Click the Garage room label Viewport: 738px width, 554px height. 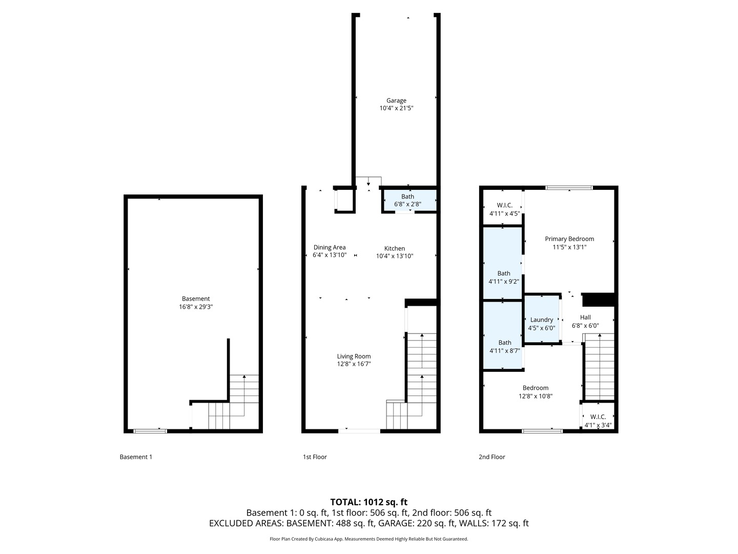(x=396, y=101)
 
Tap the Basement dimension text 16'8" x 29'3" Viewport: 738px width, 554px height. (x=196, y=307)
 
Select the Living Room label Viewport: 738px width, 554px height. (x=354, y=356)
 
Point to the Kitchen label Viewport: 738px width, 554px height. (x=395, y=248)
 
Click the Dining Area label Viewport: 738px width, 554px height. (x=330, y=247)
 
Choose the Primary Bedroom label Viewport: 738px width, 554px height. (x=569, y=239)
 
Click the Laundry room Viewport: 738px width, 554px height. (x=542, y=319)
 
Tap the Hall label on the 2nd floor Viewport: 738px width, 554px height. (x=585, y=317)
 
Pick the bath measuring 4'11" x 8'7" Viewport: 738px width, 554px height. (x=502, y=335)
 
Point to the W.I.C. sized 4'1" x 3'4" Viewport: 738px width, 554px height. (x=598, y=416)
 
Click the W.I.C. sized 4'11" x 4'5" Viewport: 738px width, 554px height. (x=502, y=207)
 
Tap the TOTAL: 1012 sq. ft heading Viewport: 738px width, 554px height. (x=368, y=502)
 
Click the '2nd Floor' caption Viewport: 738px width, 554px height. (x=492, y=457)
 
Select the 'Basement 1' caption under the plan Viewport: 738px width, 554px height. (x=136, y=457)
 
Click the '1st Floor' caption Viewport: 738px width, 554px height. (x=315, y=457)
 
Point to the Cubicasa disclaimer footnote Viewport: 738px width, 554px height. (x=369, y=539)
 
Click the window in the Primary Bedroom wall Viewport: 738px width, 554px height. (x=569, y=188)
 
